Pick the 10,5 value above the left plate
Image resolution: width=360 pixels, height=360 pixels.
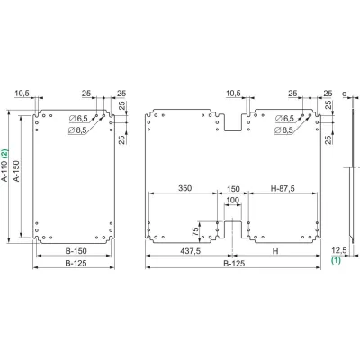pyautogui.click(x=22, y=93)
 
